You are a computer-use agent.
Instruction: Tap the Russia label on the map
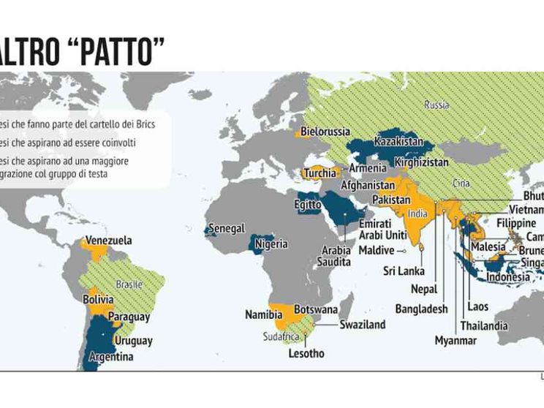[x=436, y=105]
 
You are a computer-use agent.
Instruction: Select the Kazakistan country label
[x=398, y=140]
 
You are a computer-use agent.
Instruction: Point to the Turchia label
[x=320, y=174]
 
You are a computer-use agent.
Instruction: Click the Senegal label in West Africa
[x=227, y=229]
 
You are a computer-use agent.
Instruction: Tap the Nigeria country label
[x=271, y=244]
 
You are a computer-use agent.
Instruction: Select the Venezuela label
[x=109, y=240]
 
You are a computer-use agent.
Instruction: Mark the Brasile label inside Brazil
[x=129, y=284]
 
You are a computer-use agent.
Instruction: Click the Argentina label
[x=110, y=357]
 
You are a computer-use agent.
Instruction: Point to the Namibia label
[x=263, y=314]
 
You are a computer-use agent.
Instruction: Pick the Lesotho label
[x=305, y=353]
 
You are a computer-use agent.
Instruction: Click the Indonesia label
[x=508, y=277]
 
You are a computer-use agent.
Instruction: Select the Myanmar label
[x=455, y=341]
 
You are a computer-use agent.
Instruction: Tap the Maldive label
[x=376, y=250]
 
